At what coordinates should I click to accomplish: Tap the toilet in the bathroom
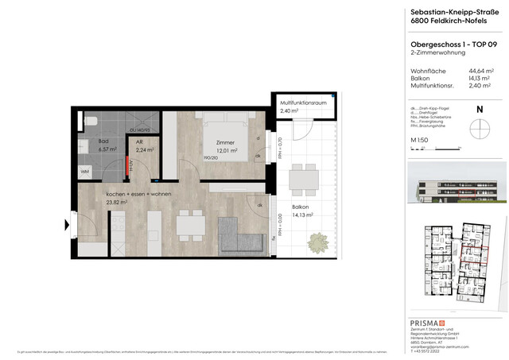(x=91, y=120)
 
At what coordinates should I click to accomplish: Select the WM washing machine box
(x=85, y=171)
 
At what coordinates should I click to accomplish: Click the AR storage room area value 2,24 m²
(x=145, y=149)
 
